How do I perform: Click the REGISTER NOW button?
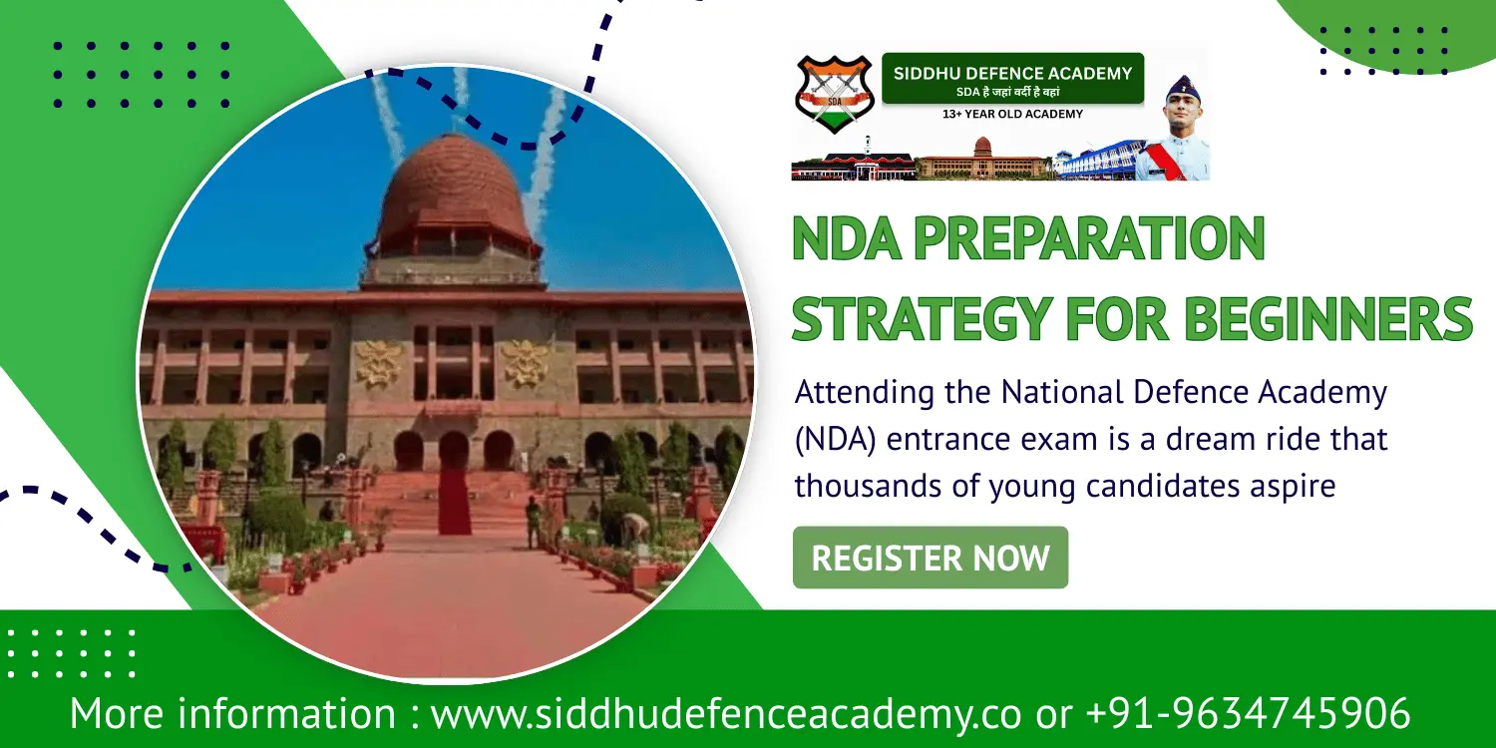click(x=930, y=558)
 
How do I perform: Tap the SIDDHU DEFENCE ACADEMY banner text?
click(x=1012, y=74)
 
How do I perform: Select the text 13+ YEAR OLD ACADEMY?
click(x=1012, y=115)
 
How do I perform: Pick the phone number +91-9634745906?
click(x=1247, y=714)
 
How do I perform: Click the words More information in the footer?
click(x=232, y=714)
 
